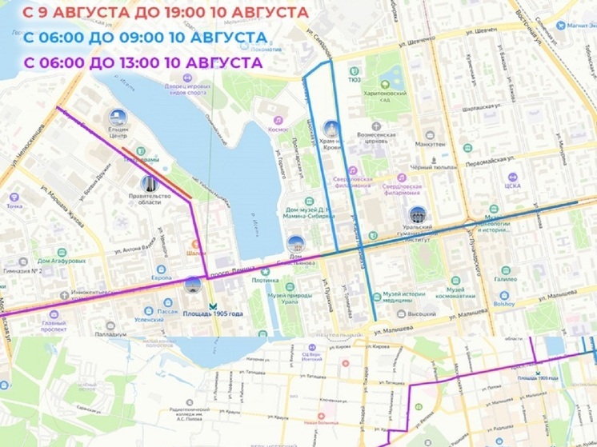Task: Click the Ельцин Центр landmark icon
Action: click(118, 118)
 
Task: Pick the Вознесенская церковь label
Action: click(377, 138)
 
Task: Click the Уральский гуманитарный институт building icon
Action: click(416, 214)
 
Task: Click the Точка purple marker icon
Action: click(14, 197)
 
